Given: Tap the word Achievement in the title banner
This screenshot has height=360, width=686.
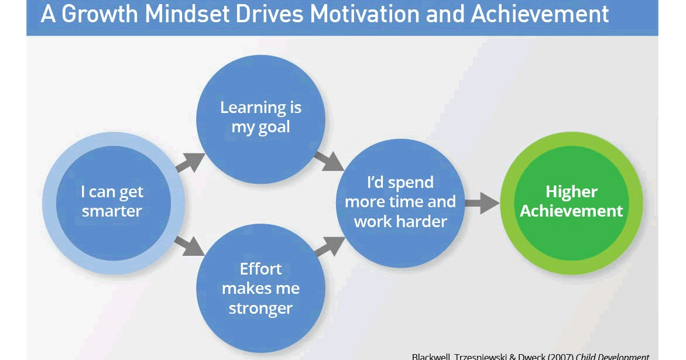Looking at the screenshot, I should click(x=540, y=14).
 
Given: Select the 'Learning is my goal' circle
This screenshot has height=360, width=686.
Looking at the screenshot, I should click(x=260, y=118).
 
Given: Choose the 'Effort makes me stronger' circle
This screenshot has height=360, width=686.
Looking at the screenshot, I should click(x=260, y=289).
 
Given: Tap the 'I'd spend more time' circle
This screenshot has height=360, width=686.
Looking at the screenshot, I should click(x=400, y=203).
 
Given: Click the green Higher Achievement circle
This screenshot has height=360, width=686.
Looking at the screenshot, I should click(x=571, y=202).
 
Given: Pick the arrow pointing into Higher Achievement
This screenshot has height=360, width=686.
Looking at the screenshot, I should click(x=482, y=203).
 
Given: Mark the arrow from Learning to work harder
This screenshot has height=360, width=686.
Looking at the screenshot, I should click(x=329, y=160).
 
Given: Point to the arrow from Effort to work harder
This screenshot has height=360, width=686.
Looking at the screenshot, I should click(x=329, y=246).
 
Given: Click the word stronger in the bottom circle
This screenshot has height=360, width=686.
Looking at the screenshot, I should click(x=260, y=308).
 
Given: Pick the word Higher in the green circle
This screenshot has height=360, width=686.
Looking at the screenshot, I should click(x=571, y=191).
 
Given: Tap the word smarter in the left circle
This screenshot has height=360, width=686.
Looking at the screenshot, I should click(x=112, y=211).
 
